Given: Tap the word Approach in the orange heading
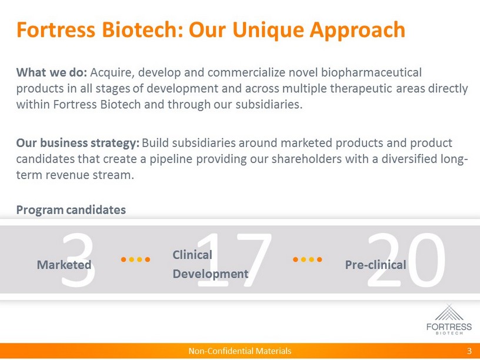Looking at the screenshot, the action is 357,31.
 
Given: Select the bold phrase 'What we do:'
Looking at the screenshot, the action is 51,72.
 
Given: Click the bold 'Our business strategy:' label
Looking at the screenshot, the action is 78,144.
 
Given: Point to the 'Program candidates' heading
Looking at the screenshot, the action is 71,210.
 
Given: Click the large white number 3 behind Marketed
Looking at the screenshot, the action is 78,259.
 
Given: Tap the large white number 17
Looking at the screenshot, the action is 234,259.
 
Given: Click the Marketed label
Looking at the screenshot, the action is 64,265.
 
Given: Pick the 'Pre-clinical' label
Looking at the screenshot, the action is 376,265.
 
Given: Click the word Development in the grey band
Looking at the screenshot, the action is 211,274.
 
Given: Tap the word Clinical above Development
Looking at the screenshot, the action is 192,255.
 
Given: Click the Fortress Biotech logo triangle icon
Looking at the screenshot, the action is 449,312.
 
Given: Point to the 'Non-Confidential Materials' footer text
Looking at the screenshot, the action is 239,351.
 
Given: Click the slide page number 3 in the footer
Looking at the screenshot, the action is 469,351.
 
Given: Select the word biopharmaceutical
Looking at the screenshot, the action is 371,73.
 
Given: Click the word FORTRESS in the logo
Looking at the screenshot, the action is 449,326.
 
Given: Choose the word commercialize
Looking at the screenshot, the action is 246,72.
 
